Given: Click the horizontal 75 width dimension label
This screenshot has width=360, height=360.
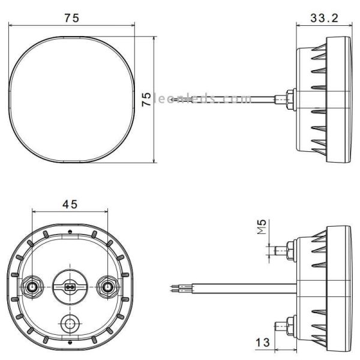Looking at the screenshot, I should [71, 17].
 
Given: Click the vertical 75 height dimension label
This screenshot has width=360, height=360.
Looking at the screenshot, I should [145, 99].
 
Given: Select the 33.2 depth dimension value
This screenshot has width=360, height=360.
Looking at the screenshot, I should [324, 17].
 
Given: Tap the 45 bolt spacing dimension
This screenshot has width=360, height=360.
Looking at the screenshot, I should [70, 205].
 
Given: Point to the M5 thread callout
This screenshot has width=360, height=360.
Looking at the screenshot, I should [262, 228].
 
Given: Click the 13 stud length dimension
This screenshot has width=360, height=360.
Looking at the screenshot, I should [262, 343].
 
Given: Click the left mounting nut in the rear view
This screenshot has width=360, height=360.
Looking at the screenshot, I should [31, 287].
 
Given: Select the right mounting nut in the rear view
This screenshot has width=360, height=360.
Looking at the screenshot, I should [108, 287].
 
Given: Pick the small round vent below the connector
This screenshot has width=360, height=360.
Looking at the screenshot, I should [70, 324].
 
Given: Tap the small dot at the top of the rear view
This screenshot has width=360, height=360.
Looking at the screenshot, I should [70, 231].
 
